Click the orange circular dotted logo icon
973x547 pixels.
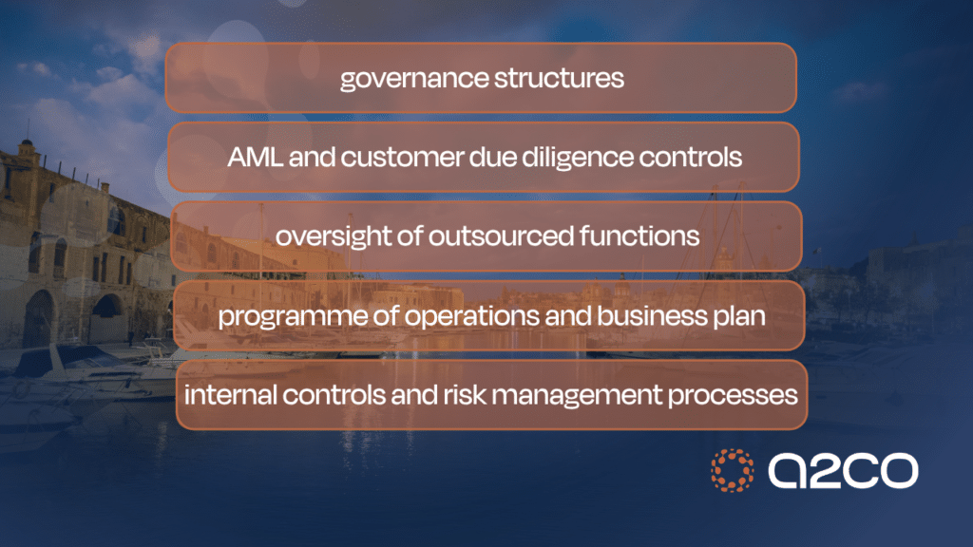coord(732,470)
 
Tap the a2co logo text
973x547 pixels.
coord(842,470)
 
